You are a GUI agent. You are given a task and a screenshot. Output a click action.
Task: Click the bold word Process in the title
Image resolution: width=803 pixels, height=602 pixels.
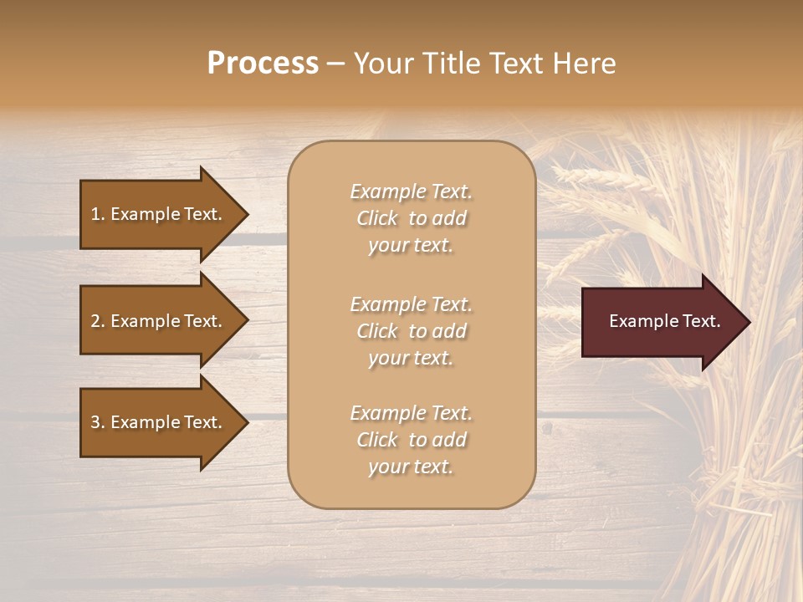click(263, 64)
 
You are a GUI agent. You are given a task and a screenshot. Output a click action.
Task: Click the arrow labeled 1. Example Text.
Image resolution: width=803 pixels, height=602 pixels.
click(159, 214)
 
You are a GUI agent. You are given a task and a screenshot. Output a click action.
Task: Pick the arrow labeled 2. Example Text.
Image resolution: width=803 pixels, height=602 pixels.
click(159, 321)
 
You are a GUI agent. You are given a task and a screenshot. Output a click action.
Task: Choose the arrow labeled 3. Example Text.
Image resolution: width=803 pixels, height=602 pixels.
click(159, 422)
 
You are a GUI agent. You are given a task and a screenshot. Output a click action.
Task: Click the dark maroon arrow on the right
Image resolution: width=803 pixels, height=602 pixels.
click(661, 322)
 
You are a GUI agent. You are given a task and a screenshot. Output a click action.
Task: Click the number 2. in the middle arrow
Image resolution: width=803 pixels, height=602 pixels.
click(98, 321)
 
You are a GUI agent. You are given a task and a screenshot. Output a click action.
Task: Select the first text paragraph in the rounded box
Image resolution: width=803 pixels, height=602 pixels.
click(411, 218)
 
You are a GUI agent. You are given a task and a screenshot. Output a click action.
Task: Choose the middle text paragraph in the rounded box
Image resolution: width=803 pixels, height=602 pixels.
click(411, 331)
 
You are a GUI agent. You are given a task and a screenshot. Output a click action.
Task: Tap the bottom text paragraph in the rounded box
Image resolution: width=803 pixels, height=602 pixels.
click(411, 440)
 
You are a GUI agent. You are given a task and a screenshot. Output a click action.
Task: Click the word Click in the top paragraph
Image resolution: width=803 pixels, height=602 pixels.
click(377, 218)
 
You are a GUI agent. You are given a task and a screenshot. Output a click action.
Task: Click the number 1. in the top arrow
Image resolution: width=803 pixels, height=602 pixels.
click(98, 214)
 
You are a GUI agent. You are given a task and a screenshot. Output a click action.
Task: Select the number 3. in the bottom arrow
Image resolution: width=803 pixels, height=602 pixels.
click(98, 422)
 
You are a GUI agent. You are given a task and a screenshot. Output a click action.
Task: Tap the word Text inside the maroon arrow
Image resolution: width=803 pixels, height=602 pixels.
click(699, 321)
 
